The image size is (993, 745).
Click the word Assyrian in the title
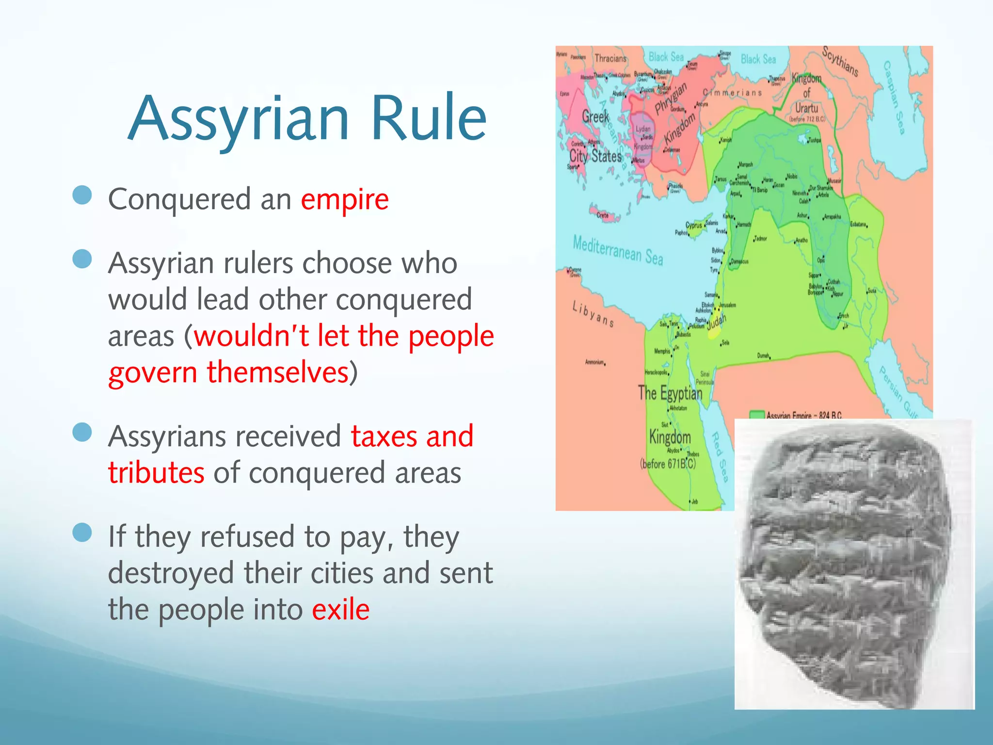click(239, 119)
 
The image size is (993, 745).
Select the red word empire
click(345, 199)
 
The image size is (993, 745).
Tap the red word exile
click(340, 610)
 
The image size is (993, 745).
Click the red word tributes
click(156, 473)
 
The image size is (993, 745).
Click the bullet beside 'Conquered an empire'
click(82, 196)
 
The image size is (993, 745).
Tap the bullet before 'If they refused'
click(82, 533)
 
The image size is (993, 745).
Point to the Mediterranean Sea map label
click(618, 250)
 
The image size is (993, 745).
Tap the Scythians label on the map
click(840, 62)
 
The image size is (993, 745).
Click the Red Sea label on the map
click(720, 456)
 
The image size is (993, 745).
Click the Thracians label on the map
click(610, 58)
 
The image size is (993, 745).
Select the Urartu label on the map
click(806, 108)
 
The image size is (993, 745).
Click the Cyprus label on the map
click(693, 225)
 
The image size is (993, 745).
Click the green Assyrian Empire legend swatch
click(756, 415)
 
